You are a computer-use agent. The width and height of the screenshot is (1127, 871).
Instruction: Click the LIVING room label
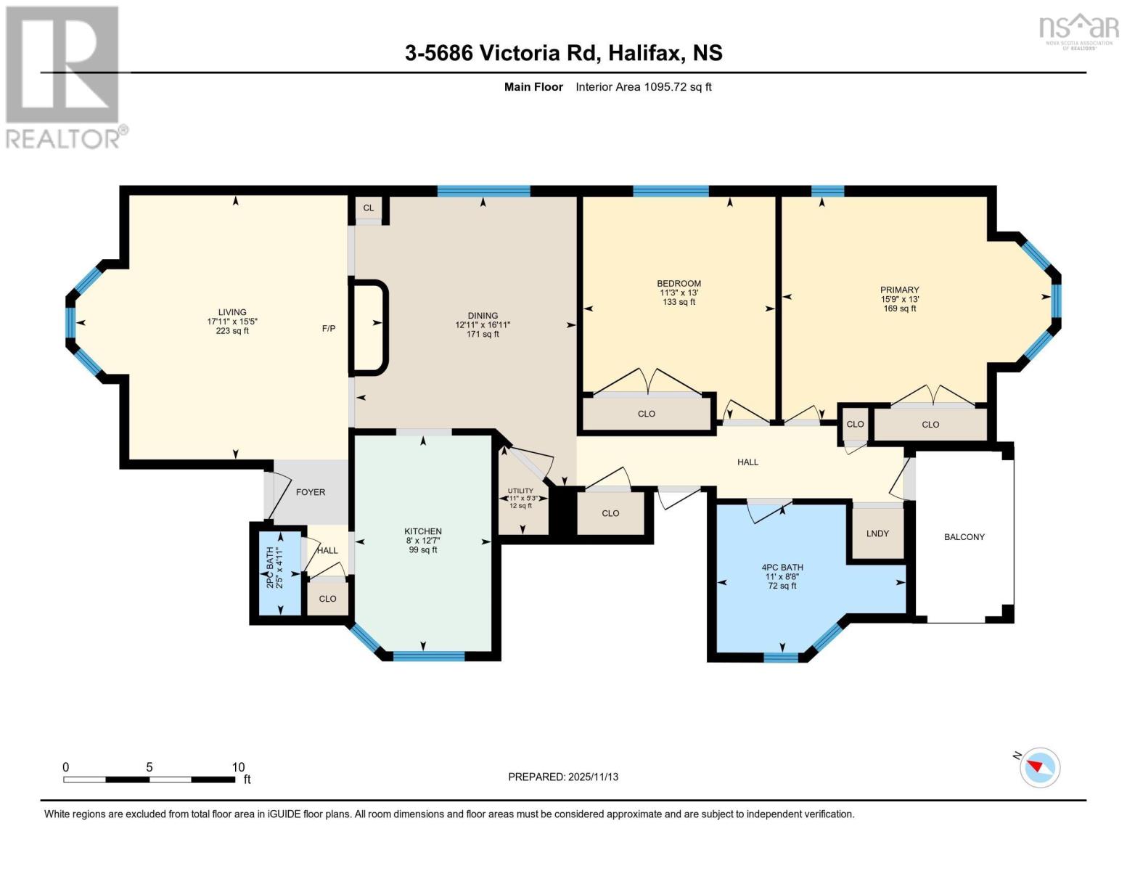pos(232,312)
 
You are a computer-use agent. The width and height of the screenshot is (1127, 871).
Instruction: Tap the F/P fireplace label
pos(329,329)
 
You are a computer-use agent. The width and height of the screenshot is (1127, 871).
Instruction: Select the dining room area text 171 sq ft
pos(483,335)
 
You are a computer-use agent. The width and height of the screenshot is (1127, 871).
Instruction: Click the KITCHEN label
pos(423,531)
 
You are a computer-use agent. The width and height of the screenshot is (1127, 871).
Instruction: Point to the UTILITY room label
pos(520,491)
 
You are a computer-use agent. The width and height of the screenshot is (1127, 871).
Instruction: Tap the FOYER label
pos(311,492)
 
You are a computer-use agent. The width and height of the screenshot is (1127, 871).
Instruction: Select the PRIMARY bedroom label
pos(899,290)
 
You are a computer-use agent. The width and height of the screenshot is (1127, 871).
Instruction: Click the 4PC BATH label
pos(782,568)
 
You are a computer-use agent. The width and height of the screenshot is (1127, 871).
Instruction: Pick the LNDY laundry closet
pos(877,533)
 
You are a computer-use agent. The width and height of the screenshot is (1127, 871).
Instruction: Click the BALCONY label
pos(964,537)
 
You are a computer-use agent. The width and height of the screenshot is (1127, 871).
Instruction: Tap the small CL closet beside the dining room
pos(369,208)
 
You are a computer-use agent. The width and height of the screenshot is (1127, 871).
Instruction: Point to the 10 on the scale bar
pos(238,767)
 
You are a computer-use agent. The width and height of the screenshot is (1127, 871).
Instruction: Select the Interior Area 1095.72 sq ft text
pos(643,87)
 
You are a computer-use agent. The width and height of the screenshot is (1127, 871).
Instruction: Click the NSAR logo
pos(1078,29)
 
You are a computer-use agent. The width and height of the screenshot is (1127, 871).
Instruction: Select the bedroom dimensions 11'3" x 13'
pos(679,293)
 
